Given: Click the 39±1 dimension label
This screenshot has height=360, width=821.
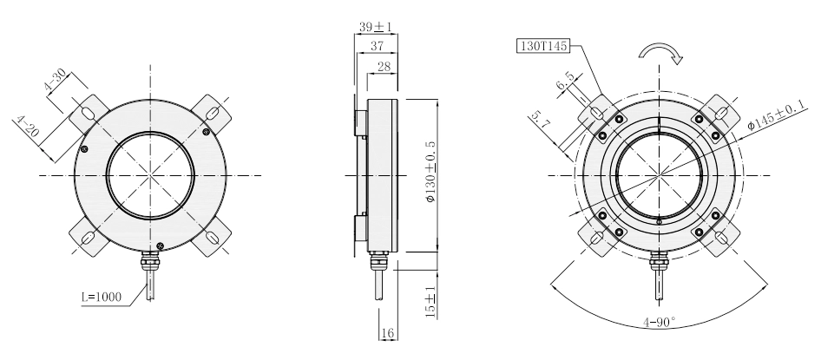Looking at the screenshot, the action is click(x=376, y=26).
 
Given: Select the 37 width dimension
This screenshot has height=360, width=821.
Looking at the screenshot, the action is click(x=377, y=46).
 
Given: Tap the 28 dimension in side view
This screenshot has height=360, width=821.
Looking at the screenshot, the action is click(x=384, y=67).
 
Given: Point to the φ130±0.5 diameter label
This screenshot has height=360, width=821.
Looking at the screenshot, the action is click(x=430, y=172).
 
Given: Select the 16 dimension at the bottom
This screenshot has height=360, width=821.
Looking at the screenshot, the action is click(x=388, y=333).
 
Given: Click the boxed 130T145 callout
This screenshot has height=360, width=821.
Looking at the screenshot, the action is click(x=543, y=46).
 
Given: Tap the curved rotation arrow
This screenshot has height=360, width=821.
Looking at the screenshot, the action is click(x=660, y=51).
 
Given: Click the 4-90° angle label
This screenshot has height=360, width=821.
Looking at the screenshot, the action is click(x=660, y=323).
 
